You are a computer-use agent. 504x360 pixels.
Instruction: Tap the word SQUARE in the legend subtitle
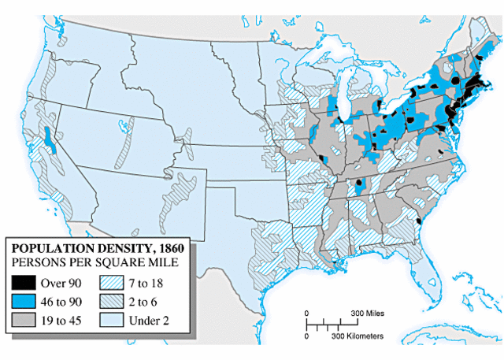pyautogui.click(x=123, y=261)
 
